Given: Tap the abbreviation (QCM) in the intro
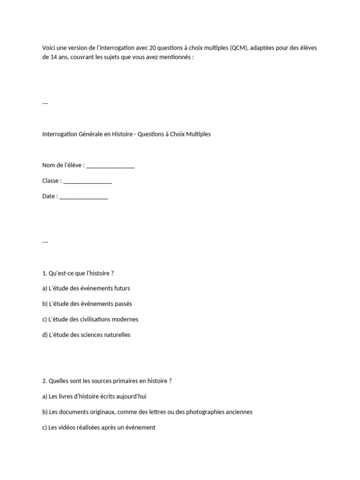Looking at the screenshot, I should click(x=239, y=48).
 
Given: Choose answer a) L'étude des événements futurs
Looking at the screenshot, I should click(x=86, y=288).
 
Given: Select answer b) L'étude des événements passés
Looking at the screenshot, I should click(x=87, y=304).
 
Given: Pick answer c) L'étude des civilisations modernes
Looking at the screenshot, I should click(x=90, y=319).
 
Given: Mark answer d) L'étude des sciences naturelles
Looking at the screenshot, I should click(x=86, y=335).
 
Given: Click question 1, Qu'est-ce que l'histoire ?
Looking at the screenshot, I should click(x=78, y=273).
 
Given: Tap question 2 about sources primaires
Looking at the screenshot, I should click(x=107, y=381).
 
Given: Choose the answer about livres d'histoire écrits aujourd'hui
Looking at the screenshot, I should click(x=94, y=396).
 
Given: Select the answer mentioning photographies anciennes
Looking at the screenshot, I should click(x=147, y=412).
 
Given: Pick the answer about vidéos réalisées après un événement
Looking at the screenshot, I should click(x=98, y=427).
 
